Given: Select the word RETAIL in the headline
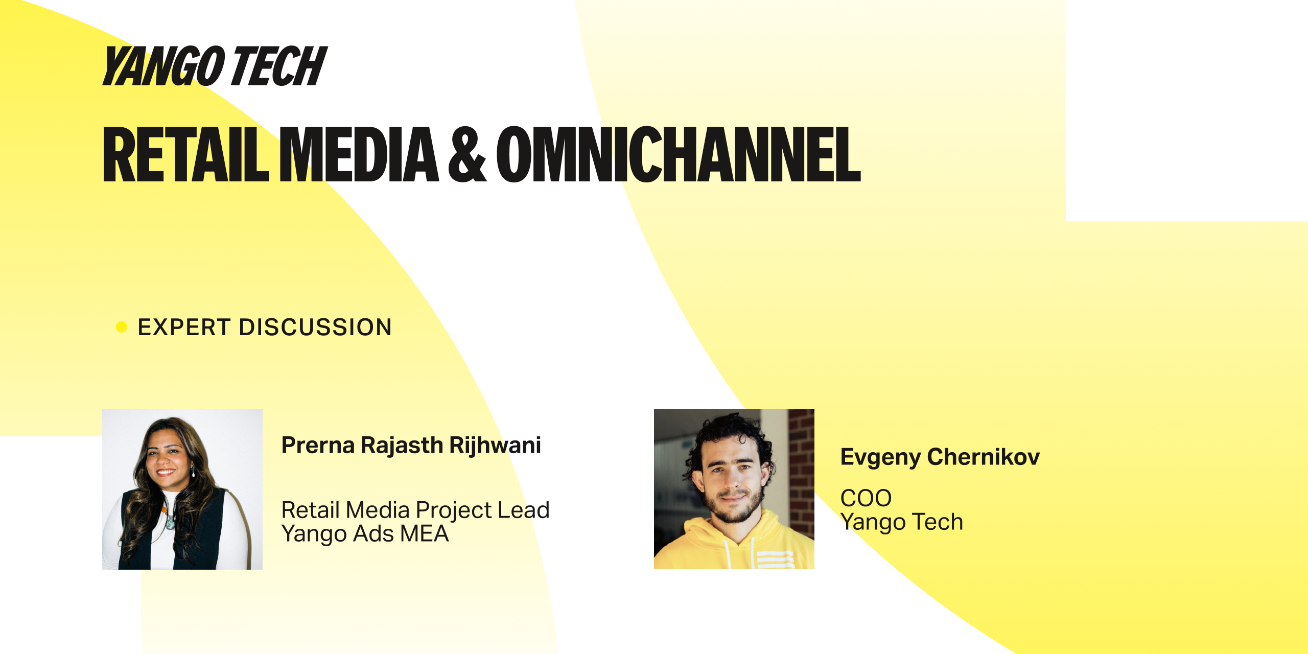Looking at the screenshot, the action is pos(185,154).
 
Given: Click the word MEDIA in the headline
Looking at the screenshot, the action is pos(359,154).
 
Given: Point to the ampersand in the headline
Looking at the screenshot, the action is pos(468,154).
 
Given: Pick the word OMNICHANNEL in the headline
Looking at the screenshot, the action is pos(679,154).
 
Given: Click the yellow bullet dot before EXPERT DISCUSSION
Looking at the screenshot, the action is pos(122,327).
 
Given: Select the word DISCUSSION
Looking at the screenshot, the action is pos(315,327).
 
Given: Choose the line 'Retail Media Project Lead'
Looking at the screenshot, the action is pos(415,510).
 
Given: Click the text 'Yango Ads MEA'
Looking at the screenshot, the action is pos(365,534).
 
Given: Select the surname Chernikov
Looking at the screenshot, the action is pos(983,457).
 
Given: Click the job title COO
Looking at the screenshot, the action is pos(866,498).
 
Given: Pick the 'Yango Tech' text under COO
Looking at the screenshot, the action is pos(902,522).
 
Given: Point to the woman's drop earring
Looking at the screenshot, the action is pos(194,472).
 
